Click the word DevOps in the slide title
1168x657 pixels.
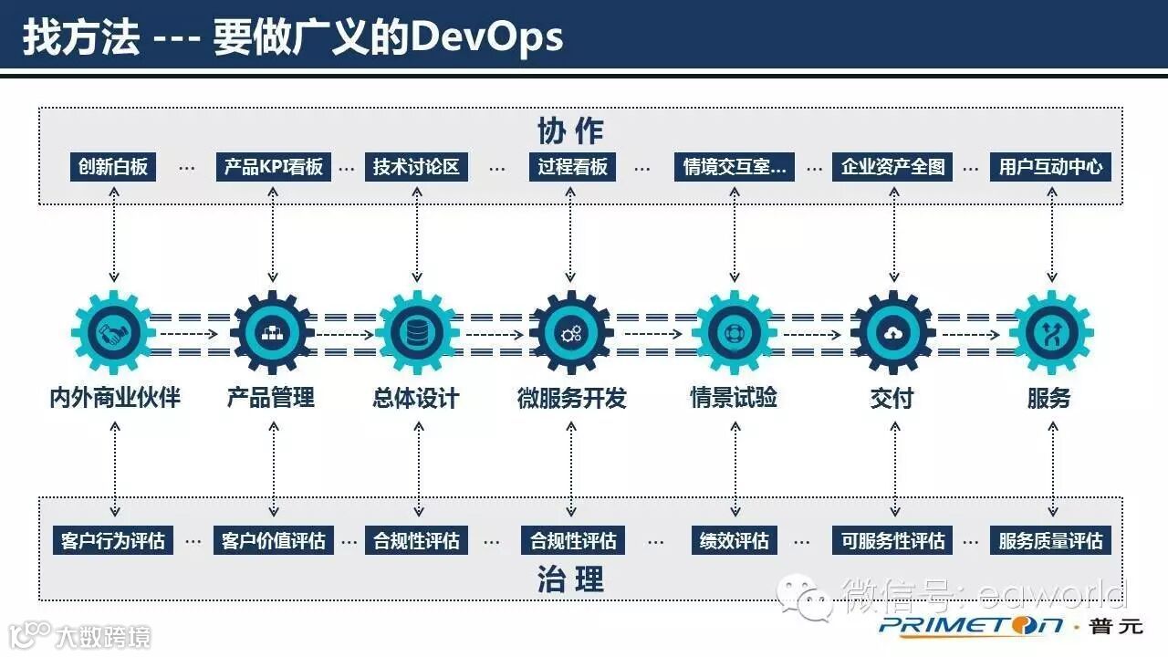click(x=486, y=37)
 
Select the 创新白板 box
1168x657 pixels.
click(x=113, y=167)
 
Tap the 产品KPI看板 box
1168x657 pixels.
click(x=274, y=167)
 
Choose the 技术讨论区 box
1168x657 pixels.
click(x=416, y=167)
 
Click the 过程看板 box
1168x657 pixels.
click(x=572, y=167)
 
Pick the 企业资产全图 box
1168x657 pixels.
click(x=892, y=167)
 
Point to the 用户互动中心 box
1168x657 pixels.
click(x=1050, y=167)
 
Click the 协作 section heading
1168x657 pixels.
click(x=570, y=130)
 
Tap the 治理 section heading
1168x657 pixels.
click(x=570, y=579)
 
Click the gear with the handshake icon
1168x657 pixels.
click(x=114, y=333)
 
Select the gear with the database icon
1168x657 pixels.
click(x=417, y=333)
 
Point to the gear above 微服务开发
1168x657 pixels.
click(x=571, y=333)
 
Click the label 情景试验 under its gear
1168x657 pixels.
click(x=734, y=398)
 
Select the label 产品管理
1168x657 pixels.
click(x=271, y=398)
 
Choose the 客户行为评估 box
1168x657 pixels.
click(x=113, y=540)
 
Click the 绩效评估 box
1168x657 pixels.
click(x=734, y=540)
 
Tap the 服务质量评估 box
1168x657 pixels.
click(x=1050, y=540)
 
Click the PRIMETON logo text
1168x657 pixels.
click(x=972, y=625)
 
